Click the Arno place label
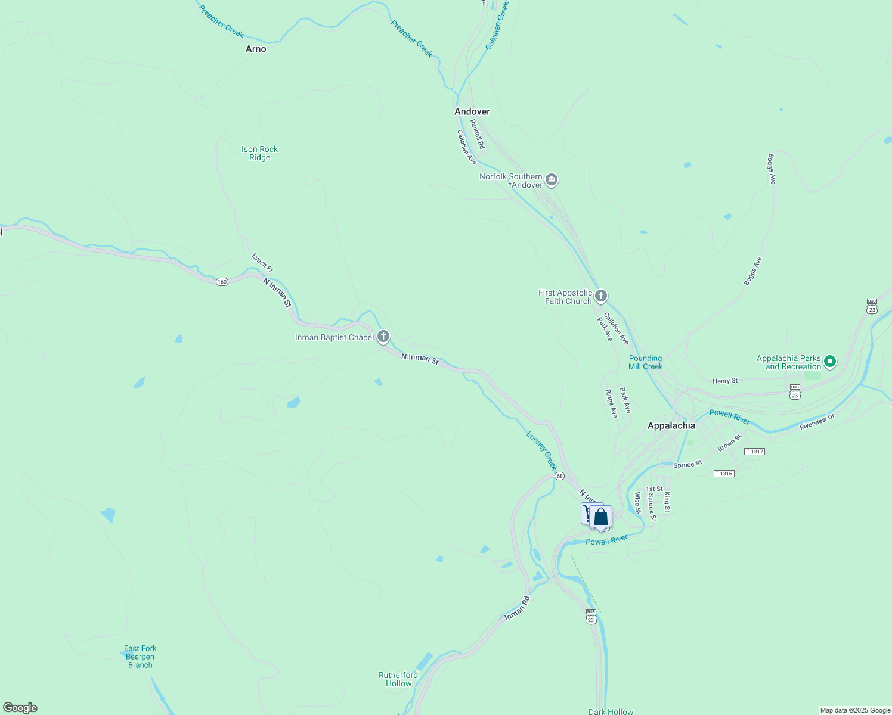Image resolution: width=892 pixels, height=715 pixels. coord(256,49)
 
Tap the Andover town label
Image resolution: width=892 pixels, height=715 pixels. coord(472,111)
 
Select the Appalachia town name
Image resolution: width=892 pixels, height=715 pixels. coord(671,425)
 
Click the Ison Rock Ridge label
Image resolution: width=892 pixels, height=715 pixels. coord(259,153)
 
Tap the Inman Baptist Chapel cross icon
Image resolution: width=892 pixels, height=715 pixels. coord(383,337)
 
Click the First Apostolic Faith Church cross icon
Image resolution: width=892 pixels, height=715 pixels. coord(601,296)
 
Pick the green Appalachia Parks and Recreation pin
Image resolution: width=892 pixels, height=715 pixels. coord(829,361)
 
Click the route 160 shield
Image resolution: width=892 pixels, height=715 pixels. coord(222,281)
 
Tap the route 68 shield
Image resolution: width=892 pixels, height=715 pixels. coord(559,476)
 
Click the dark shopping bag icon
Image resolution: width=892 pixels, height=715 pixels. coord(601,517)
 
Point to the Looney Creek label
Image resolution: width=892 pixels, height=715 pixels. coord(541,450)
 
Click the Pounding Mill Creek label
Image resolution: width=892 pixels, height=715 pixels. coord(645,362)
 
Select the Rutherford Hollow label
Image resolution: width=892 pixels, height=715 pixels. coord(398,679)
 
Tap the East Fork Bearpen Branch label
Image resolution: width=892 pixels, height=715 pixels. coord(140,657)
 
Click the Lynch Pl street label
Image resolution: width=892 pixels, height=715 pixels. coord(262,263)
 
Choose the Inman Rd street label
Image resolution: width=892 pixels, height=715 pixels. coord(517,608)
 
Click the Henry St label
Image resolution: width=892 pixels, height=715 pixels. coord(725,381)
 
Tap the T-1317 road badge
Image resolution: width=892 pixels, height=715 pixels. coord(754,452)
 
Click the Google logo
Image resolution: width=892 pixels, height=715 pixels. coord(20,708)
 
